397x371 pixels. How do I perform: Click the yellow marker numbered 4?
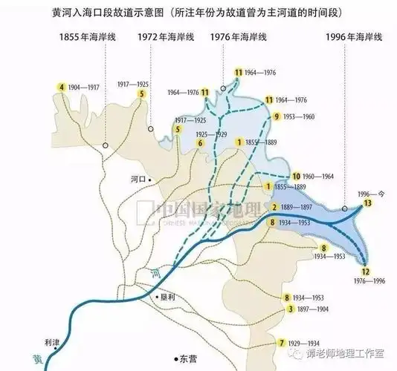point(62,88)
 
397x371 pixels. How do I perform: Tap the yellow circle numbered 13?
point(368,203)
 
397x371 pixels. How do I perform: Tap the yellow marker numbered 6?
point(200,142)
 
